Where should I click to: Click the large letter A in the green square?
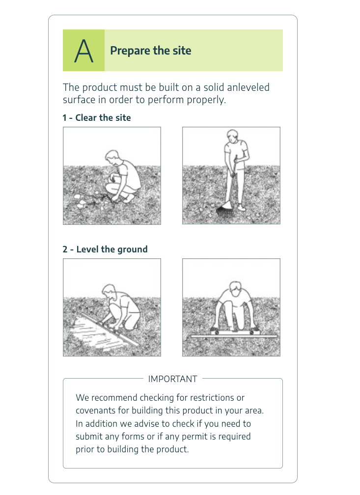point(83,51)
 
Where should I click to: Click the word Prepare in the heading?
point(130,51)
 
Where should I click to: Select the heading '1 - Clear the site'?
point(97,118)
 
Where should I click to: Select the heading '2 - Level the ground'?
point(105,249)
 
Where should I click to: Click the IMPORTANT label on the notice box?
point(173,379)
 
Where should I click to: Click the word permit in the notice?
point(195,437)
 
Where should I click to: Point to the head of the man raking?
point(232,136)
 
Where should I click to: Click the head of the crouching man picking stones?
point(112,157)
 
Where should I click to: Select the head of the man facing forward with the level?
point(235,288)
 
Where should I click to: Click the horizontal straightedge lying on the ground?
point(234,336)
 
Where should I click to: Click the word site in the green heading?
point(182,51)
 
